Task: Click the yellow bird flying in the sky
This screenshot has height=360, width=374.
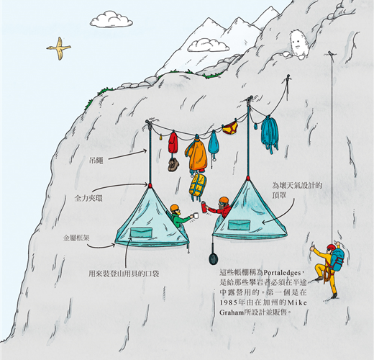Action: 59,48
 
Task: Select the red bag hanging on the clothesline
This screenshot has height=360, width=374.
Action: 173,143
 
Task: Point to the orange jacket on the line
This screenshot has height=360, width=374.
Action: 196,154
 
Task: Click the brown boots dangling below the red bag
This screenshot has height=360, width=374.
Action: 173,164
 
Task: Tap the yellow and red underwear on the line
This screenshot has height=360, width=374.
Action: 230,128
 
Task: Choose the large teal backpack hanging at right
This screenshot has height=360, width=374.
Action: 270,135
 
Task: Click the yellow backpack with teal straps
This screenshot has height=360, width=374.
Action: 198,185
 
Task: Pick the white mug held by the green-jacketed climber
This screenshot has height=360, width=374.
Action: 196,215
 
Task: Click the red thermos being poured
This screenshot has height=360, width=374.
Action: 204,207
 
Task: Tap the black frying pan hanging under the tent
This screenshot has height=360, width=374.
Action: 213,258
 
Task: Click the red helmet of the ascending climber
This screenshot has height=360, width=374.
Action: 331,247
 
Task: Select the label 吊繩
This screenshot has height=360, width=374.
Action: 96,160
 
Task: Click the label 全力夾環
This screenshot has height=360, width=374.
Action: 88,198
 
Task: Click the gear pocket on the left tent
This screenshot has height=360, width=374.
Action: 141,233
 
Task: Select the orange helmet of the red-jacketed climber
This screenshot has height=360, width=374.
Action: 224,199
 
